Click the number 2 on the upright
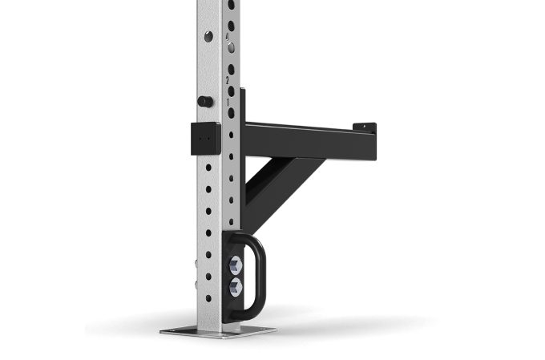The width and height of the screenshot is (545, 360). coord(227,80)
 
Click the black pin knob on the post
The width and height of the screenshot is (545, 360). coord(206,102)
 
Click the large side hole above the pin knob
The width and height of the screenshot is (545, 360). coord(208,36)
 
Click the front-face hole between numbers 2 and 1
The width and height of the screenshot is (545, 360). coord(231,91)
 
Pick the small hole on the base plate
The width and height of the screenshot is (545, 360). coord(171,329)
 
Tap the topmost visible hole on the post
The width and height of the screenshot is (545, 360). coord(231,5)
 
